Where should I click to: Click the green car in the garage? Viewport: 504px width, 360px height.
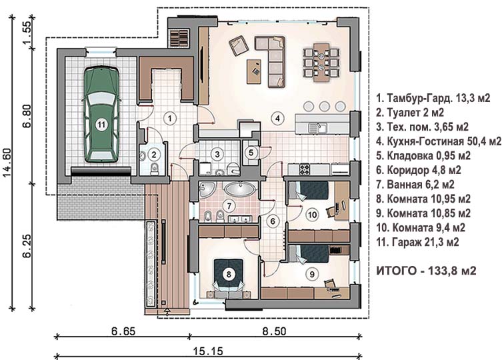click(x=101, y=115)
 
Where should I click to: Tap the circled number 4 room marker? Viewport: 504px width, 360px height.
click(x=277, y=118)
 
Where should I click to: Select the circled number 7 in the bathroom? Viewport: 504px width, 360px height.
click(x=229, y=206)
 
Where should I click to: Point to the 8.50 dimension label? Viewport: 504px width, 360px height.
click(x=274, y=331)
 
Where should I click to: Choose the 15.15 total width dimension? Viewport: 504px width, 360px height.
click(x=208, y=351)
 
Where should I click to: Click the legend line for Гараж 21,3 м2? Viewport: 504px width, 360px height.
click(x=417, y=242)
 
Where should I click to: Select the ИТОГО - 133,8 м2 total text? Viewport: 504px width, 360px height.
click(x=426, y=271)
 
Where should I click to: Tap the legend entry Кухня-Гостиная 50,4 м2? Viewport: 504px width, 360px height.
click(x=439, y=141)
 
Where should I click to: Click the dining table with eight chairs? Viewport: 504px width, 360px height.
click(x=321, y=61)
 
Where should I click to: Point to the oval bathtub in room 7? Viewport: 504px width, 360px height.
click(x=240, y=189)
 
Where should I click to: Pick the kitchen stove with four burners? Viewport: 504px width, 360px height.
click(x=305, y=169)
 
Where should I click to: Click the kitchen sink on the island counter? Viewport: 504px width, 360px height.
click(x=318, y=127)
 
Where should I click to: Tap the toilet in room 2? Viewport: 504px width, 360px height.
click(x=155, y=169)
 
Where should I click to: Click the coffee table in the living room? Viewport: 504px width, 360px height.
click(x=254, y=71)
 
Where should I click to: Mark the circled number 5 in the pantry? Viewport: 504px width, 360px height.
click(x=251, y=153)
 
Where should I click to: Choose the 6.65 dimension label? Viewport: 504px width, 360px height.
click(x=123, y=331)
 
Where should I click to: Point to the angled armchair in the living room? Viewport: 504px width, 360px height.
click(x=239, y=46)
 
